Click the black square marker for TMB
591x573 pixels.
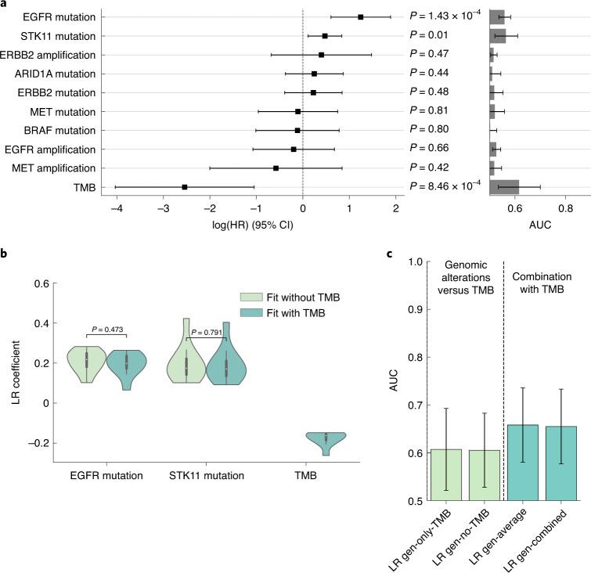click(185, 187)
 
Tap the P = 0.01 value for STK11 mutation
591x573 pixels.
click(429, 35)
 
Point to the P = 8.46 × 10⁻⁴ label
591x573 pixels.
click(448, 187)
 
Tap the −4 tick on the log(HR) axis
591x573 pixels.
click(116, 210)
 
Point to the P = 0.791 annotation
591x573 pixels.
click(207, 332)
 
